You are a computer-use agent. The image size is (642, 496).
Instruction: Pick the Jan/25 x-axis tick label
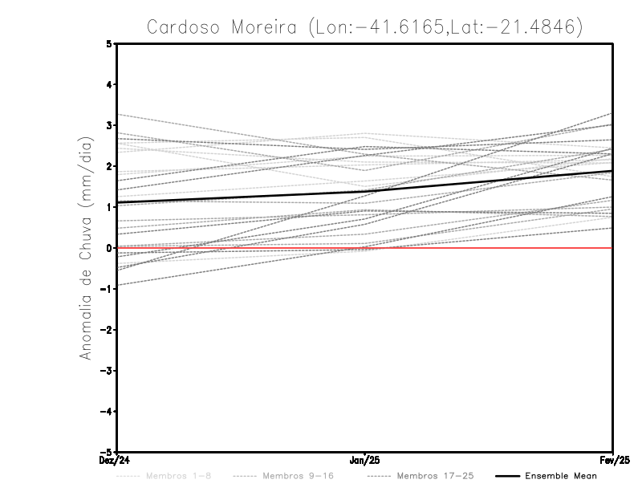(365, 461)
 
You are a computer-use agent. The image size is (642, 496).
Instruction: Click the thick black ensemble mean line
(365, 190)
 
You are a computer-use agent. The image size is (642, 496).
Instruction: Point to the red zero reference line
(481, 248)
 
